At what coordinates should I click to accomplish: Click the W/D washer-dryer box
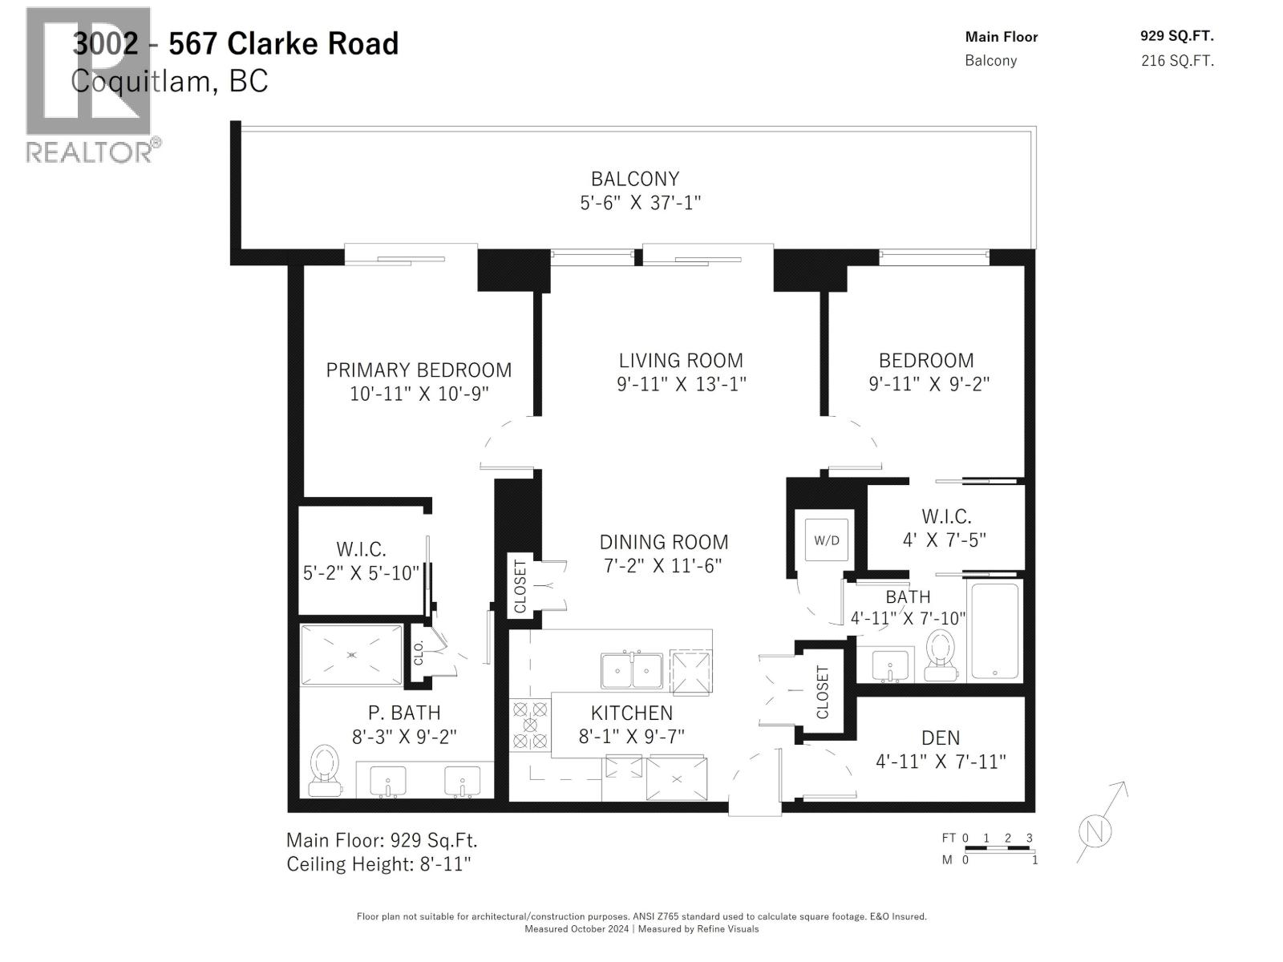click(x=827, y=540)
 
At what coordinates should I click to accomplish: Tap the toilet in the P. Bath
click(x=325, y=770)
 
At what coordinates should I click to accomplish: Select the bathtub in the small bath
click(x=994, y=632)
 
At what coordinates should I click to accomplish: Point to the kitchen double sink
click(x=632, y=670)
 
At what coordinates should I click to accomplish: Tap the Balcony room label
click(x=635, y=179)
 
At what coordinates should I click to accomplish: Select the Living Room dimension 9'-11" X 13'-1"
click(x=681, y=384)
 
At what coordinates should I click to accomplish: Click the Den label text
click(x=940, y=738)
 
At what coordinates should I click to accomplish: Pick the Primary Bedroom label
click(x=419, y=370)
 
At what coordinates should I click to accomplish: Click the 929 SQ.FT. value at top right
click(x=1176, y=36)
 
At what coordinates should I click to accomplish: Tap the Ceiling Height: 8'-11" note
click(x=378, y=864)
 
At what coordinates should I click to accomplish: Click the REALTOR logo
click(x=90, y=84)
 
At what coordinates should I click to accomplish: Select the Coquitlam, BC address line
click(x=169, y=82)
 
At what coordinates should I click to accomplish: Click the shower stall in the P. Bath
click(x=352, y=655)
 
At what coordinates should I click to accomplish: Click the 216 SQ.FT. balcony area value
click(x=1176, y=61)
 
